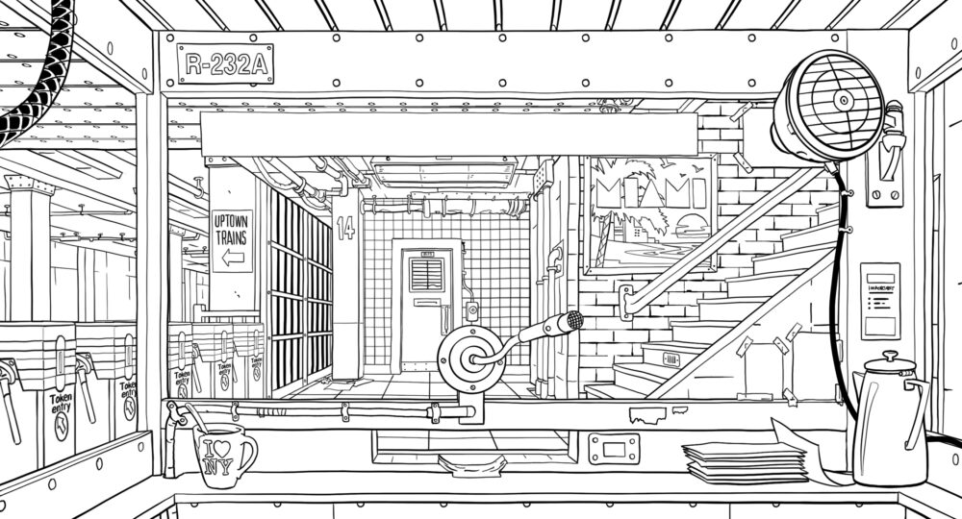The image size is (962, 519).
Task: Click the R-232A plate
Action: [x=224, y=63]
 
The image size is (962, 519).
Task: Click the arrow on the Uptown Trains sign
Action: [x=232, y=258]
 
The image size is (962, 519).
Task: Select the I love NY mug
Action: [x=220, y=452]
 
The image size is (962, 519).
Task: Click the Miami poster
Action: [x=652, y=212]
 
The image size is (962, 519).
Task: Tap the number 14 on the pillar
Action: [x=346, y=229]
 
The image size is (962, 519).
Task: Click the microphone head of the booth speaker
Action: [x=573, y=319]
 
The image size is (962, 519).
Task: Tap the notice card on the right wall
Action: [x=880, y=299]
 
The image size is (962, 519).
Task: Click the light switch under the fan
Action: [x=883, y=182]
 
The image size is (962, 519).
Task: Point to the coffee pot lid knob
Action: [x=890, y=355]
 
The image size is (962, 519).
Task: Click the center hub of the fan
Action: [x=843, y=99]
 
